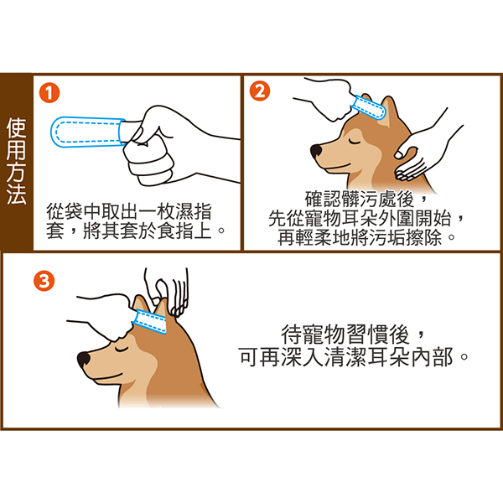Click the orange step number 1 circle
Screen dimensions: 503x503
click(x=49, y=93)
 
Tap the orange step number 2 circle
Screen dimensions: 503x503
click(x=260, y=91)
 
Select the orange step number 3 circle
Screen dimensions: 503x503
click(x=44, y=281)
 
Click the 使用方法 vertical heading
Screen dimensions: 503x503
click(x=16, y=161)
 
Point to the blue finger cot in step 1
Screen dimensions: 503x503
click(x=87, y=132)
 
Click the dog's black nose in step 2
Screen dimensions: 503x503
click(x=317, y=150)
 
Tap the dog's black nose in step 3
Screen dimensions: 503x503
click(x=84, y=359)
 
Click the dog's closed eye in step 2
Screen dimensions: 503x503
click(x=354, y=141)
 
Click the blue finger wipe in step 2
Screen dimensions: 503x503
click(x=368, y=107)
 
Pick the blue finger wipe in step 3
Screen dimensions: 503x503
click(x=150, y=321)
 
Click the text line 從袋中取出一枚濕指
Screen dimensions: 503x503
click(x=129, y=211)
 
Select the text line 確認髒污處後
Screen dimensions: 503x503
click(x=360, y=199)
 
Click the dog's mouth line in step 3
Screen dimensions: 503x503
click(x=105, y=377)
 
